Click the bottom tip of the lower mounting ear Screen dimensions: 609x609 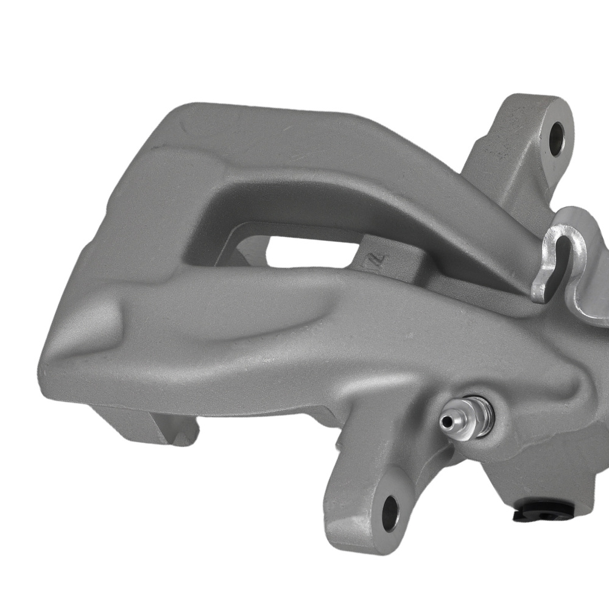pyautogui.click(x=365, y=542)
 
